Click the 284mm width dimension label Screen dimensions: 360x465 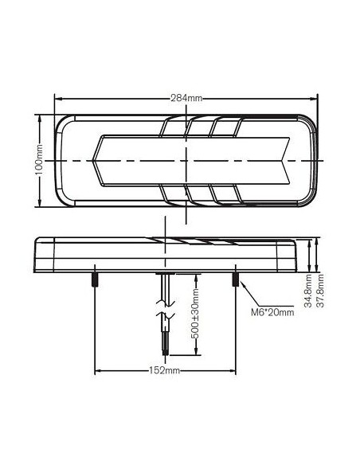pyautogui.click(x=186, y=98)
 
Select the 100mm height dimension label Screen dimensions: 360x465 pyautogui.click(x=39, y=160)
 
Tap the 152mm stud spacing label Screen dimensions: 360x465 pyautogui.click(x=164, y=370)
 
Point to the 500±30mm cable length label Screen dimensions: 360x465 pyautogui.click(x=195, y=313)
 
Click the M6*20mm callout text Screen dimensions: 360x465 pyautogui.click(x=272, y=312)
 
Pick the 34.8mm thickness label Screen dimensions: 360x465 pyautogui.click(x=308, y=291)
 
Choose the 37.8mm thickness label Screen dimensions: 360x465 pyautogui.click(x=320, y=291)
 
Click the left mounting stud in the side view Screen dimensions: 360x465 pyautogui.click(x=95, y=279)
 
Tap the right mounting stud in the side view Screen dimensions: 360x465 pyautogui.click(x=236, y=279)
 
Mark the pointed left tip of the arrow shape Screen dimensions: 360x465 pyautogui.click(x=93, y=161)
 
